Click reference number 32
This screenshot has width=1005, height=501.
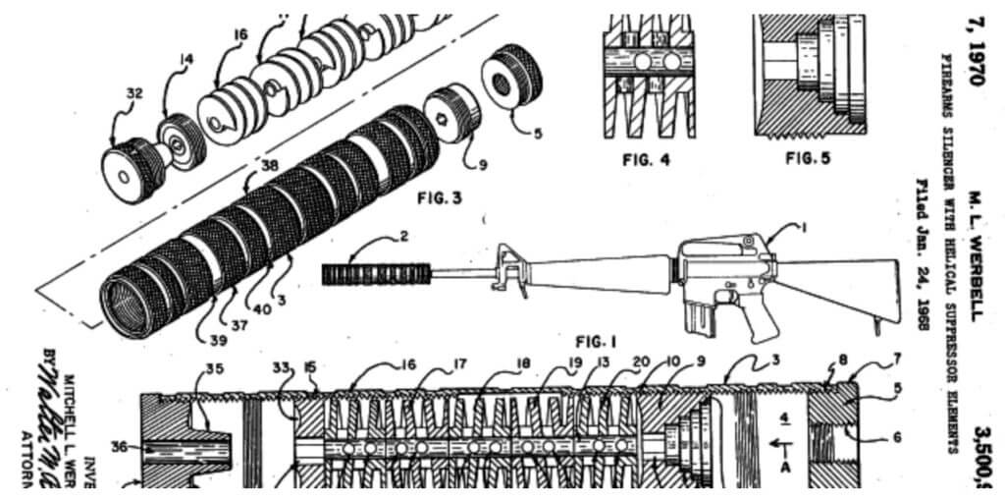point(134,93)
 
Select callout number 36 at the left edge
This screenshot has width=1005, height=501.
point(119,446)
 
